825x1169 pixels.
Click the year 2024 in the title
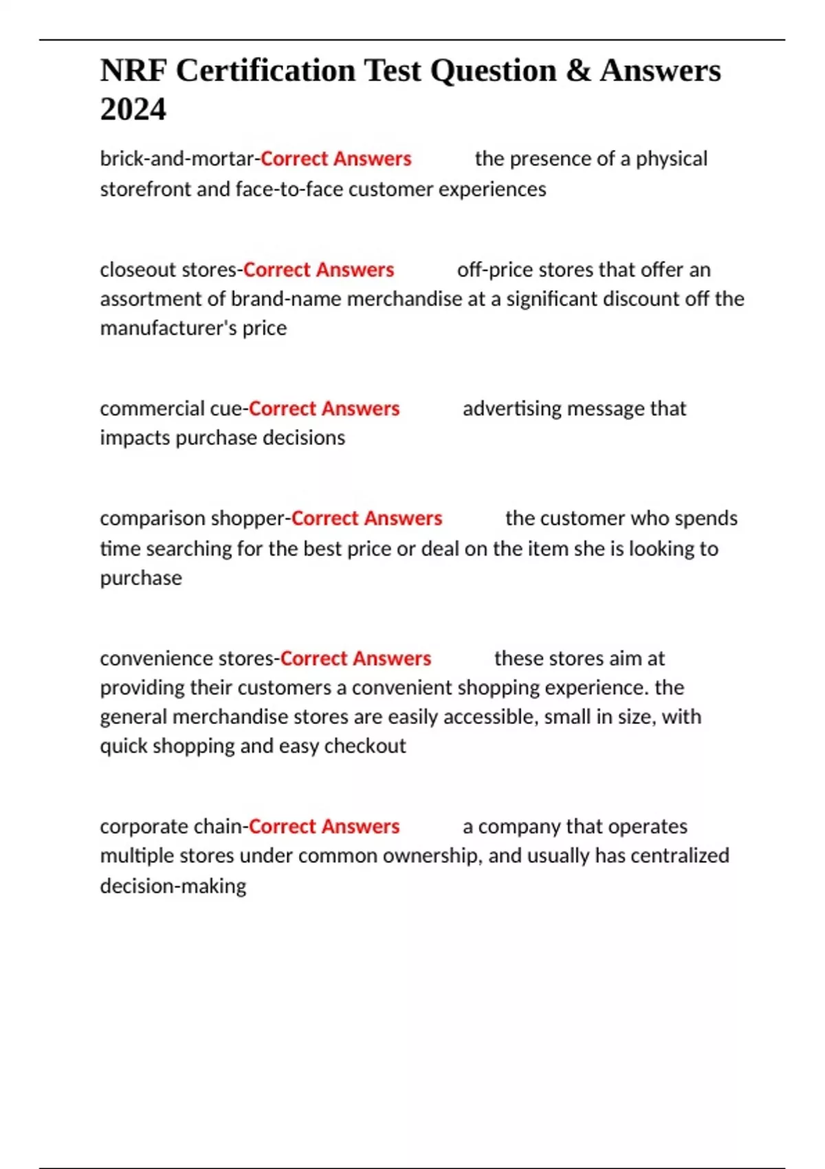pos(133,109)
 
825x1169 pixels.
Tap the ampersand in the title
pos(578,71)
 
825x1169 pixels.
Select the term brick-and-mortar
pos(177,159)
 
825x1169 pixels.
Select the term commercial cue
pos(171,408)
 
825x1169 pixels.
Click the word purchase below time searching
pos(141,578)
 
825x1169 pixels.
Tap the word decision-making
pos(173,886)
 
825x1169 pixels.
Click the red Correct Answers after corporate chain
pos(324,827)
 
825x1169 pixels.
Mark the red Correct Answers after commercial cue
pos(324,408)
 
